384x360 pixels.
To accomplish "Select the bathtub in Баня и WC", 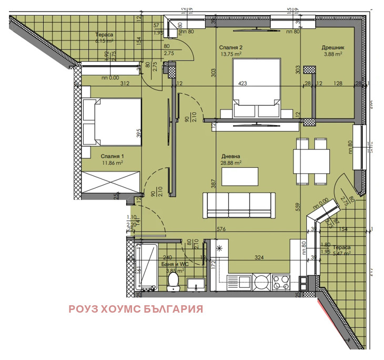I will [x=145, y=266].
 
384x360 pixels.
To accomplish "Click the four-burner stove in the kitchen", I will [x=280, y=281].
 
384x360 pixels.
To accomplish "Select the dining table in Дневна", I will [x=306, y=162].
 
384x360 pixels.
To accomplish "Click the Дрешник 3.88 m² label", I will [x=332, y=51].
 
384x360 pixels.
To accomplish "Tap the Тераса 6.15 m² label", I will [x=104, y=37].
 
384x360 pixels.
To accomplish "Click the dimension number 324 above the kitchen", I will [x=259, y=258].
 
